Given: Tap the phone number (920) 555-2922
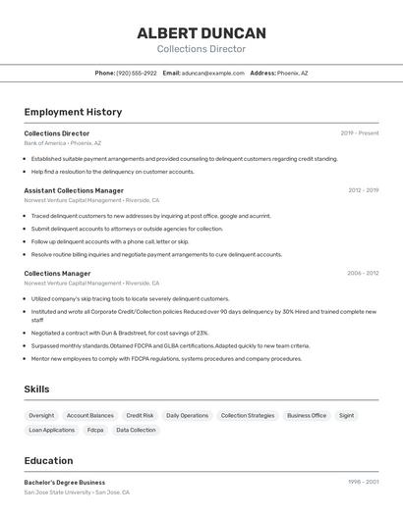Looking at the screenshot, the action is point(137,73).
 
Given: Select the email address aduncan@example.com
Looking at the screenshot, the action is point(212,73).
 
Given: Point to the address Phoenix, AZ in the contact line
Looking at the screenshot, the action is point(292,73).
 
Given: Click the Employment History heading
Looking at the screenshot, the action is point(73,112).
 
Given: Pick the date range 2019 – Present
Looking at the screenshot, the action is point(359,132).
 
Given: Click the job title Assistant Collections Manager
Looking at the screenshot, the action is point(74,190).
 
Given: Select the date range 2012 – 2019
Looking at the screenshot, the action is point(363,190).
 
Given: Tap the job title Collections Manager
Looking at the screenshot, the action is point(57,274).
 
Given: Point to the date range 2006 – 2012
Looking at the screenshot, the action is point(363,274).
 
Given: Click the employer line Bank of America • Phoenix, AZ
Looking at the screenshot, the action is point(62,143).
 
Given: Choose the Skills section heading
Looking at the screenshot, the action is point(36,390).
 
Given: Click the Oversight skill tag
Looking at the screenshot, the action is point(41,415).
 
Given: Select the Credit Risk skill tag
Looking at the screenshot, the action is point(140,415).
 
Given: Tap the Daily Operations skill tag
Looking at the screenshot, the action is point(187,415).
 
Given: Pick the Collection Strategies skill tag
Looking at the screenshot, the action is point(248,415).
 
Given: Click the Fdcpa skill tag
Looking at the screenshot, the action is point(95,430).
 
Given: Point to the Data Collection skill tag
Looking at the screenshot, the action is point(136,430).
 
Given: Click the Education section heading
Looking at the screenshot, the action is point(48,461).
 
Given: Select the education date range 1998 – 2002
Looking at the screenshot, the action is point(363,482).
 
